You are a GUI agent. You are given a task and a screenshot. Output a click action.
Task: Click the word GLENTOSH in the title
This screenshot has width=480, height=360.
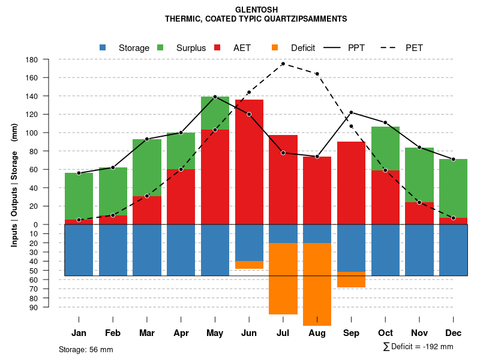point(256,10)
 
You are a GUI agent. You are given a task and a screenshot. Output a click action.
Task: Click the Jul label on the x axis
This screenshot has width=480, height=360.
point(283,333)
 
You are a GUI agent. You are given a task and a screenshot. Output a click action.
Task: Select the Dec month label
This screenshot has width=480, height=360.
point(453,333)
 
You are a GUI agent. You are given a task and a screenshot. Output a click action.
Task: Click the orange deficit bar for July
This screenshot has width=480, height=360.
point(283,278)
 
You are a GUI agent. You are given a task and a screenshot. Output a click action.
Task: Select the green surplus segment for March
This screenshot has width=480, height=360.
point(147,167)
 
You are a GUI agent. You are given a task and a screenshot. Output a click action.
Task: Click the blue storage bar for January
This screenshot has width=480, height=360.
point(79,250)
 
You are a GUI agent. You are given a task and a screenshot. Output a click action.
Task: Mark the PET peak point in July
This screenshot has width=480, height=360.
point(283,64)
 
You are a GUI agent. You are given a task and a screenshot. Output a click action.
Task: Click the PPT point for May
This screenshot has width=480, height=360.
point(215,97)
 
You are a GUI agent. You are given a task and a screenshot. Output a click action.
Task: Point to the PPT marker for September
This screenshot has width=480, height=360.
point(351,112)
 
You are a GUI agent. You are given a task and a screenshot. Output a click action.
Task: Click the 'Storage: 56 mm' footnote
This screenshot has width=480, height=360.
point(86,349)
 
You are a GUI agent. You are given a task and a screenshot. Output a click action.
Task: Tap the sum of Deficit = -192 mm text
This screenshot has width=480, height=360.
point(418,346)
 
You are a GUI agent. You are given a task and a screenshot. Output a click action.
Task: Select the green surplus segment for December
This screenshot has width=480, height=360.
point(453,188)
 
